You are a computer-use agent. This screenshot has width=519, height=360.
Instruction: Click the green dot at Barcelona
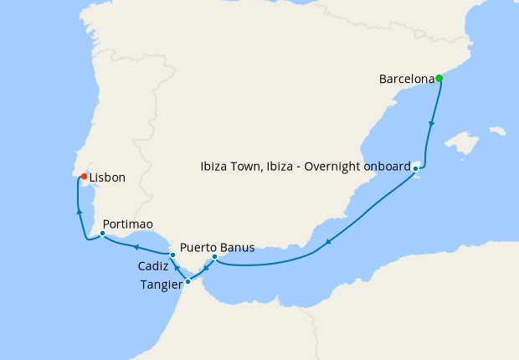[x=439, y=79]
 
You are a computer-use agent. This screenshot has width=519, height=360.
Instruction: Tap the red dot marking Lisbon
[x=84, y=177]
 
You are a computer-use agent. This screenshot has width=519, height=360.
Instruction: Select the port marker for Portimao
[x=102, y=234]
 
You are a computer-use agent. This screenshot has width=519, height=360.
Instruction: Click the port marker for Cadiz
[x=172, y=255]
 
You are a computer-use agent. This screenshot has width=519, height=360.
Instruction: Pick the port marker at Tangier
[x=188, y=281]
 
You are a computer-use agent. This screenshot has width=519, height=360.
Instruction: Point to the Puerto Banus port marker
[x=215, y=256]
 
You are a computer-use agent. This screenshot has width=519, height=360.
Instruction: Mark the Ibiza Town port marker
[x=415, y=168]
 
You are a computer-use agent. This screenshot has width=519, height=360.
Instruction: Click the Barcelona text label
[x=406, y=80]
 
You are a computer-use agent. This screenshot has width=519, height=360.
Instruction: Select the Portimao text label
[x=128, y=225]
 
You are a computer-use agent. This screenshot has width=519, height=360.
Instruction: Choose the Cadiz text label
[x=153, y=265]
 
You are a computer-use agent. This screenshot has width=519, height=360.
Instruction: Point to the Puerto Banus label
[x=217, y=248]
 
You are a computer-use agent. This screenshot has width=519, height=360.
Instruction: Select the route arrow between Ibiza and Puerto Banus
[x=329, y=243]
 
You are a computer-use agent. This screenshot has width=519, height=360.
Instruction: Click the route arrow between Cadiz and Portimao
[x=134, y=246]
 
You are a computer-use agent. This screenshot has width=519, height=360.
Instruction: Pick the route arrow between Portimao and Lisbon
[x=79, y=212]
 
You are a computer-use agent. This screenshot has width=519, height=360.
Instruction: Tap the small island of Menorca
[x=497, y=131]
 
